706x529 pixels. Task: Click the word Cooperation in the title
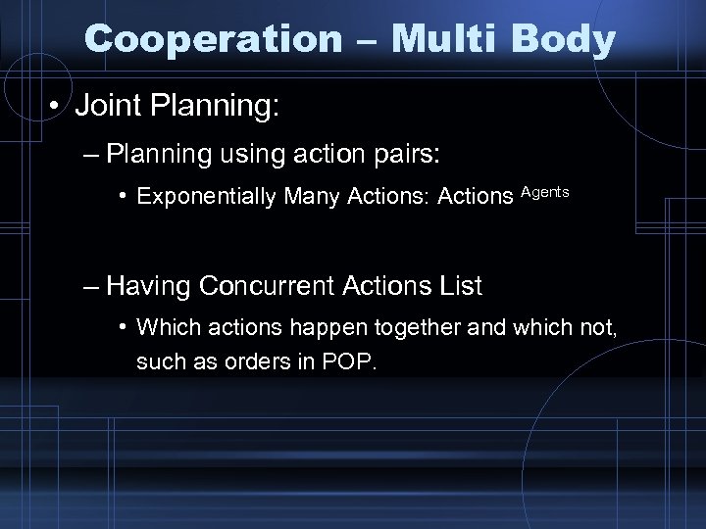click(208, 38)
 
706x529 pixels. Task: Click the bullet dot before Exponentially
click(125, 197)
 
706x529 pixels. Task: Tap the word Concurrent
click(269, 286)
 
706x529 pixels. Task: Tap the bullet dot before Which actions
click(125, 327)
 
